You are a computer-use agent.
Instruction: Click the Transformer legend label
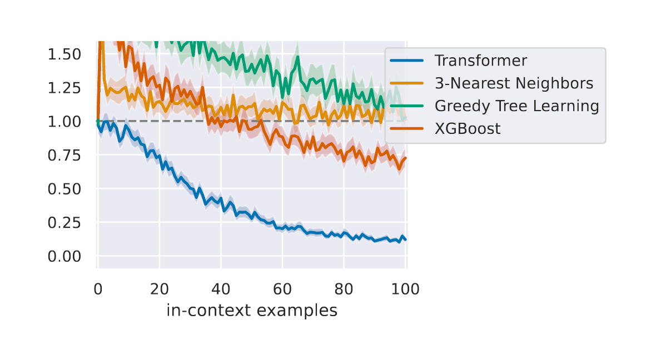point(480,61)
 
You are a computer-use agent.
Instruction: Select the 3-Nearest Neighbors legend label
point(514,83)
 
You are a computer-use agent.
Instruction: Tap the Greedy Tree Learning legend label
point(516,106)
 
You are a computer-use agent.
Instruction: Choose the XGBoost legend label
point(467,129)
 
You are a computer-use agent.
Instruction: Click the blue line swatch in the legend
point(406,61)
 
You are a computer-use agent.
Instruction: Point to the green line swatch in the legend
point(406,106)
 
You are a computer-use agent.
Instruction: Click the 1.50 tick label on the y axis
point(64,54)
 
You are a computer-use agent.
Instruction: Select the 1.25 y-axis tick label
point(64,88)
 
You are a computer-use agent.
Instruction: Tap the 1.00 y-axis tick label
point(64,122)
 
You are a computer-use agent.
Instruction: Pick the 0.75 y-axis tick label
point(64,156)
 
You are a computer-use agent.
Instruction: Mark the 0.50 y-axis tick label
point(64,189)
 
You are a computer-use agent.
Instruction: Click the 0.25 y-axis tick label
point(64,223)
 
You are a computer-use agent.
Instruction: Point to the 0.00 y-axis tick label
point(64,256)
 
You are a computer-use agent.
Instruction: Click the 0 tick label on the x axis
point(98,289)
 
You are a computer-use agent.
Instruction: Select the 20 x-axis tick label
point(160,289)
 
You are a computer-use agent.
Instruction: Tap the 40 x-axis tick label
point(221,289)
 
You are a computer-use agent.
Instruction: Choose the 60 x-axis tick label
point(282,289)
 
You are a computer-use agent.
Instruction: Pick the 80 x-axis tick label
point(344,289)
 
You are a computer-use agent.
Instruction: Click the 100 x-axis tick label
point(405,289)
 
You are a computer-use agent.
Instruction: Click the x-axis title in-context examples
point(252,311)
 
